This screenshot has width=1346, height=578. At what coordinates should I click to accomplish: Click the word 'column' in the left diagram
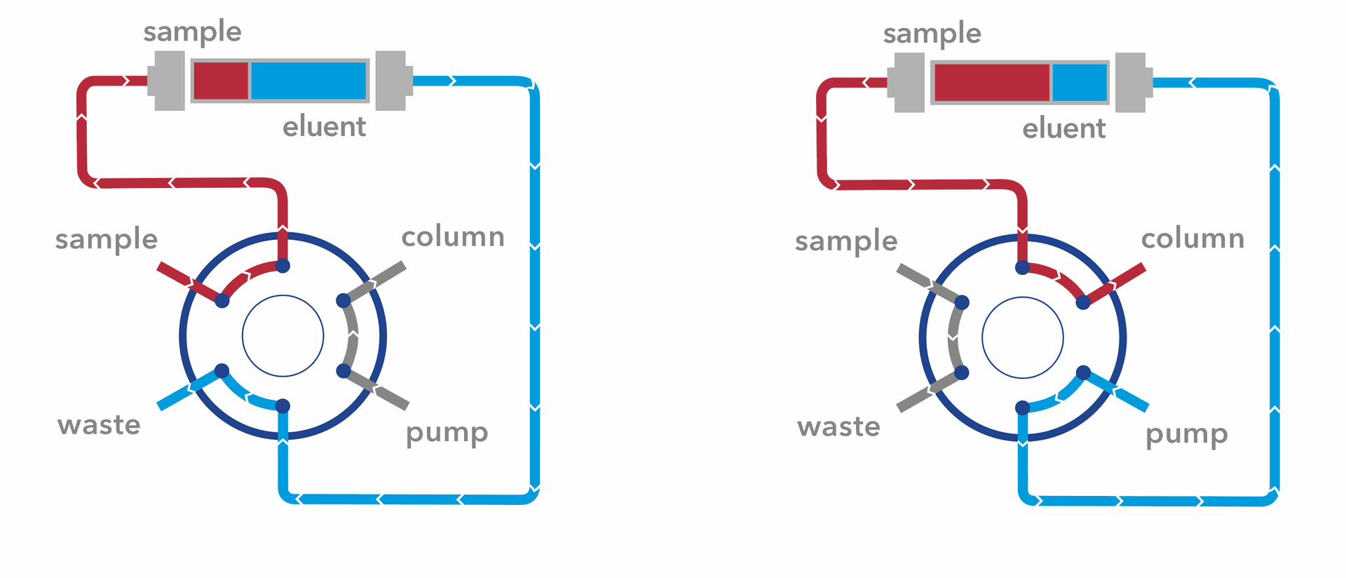coord(453,237)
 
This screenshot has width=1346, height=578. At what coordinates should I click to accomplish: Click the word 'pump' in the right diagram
coord(1186,435)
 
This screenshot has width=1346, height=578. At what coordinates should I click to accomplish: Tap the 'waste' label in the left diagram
coord(99,425)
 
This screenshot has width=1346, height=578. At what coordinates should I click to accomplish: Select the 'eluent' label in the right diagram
coord(1063,129)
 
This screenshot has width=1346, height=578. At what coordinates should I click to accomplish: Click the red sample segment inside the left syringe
coord(221,81)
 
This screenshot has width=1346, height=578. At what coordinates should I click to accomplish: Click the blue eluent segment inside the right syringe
coord(1080,83)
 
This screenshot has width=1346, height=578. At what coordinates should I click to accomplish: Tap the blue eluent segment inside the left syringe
coord(308,81)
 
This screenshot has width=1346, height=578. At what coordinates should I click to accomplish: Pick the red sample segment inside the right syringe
coord(992,83)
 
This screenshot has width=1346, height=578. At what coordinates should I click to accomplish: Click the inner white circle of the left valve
coord(283,336)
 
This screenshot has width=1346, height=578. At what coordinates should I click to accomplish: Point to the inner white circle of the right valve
coord(1022,337)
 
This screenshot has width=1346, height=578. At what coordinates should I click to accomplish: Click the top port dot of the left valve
coord(283,266)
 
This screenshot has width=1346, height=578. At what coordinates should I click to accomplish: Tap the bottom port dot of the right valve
coord(1022,408)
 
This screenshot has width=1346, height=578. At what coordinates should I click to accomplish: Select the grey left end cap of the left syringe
coord(168,81)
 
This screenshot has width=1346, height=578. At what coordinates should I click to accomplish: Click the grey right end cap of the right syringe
coord(1131,83)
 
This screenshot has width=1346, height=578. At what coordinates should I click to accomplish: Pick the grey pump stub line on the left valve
coord(382,391)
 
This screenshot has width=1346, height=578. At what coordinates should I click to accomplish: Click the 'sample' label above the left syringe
coord(192,32)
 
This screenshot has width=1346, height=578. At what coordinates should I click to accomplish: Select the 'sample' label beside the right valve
coord(846,241)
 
